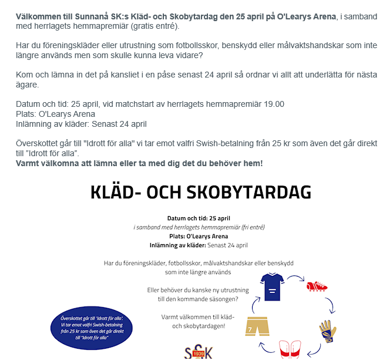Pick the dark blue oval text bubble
pos(91,328)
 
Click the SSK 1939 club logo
pos(198,354)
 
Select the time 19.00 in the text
pos(274,104)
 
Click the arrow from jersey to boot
pos(294,278)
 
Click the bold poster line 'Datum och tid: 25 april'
pos(199,218)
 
